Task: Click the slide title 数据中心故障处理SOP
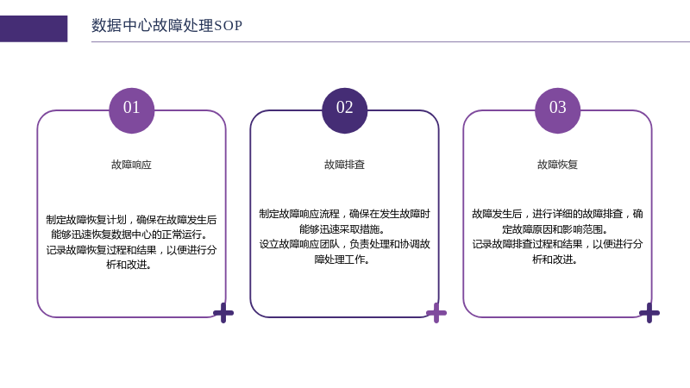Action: pyautogui.click(x=166, y=26)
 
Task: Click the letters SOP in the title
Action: pyautogui.click(x=228, y=26)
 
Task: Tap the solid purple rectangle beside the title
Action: pyautogui.click(x=34, y=29)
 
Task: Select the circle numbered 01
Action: pyautogui.click(x=132, y=110)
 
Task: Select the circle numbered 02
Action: pyautogui.click(x=344, y=110)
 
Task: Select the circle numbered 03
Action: pyautogui.click(x=557, y=110)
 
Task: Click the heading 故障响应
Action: pyautogui.click(x=132, y=165)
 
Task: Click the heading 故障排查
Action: pyautogui.click(x=344, y=165)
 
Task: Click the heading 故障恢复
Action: pyautogui.click(x=557, y=165)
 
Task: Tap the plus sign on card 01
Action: pyautogui.click(x=223, y=313)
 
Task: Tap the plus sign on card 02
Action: pyautogui.click(x=436, y=313)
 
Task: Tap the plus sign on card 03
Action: pyautogui.click(x=649, y=313)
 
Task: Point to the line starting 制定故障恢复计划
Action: pyautogui.click(x=132, y=220)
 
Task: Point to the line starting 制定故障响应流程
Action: pyautogui.click(x=344, y=214)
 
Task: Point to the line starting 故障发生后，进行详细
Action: pyautogui.click(x=557, y=214)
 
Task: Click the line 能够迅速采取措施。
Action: pyautogui.click(x=342, y=229)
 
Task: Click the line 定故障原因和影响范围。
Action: pyautogui.click(x=555, y=229)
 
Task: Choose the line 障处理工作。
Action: pyautogui.click(x=342, y=260)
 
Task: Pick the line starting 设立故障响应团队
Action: pyautogui.click(x=344, y=244)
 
